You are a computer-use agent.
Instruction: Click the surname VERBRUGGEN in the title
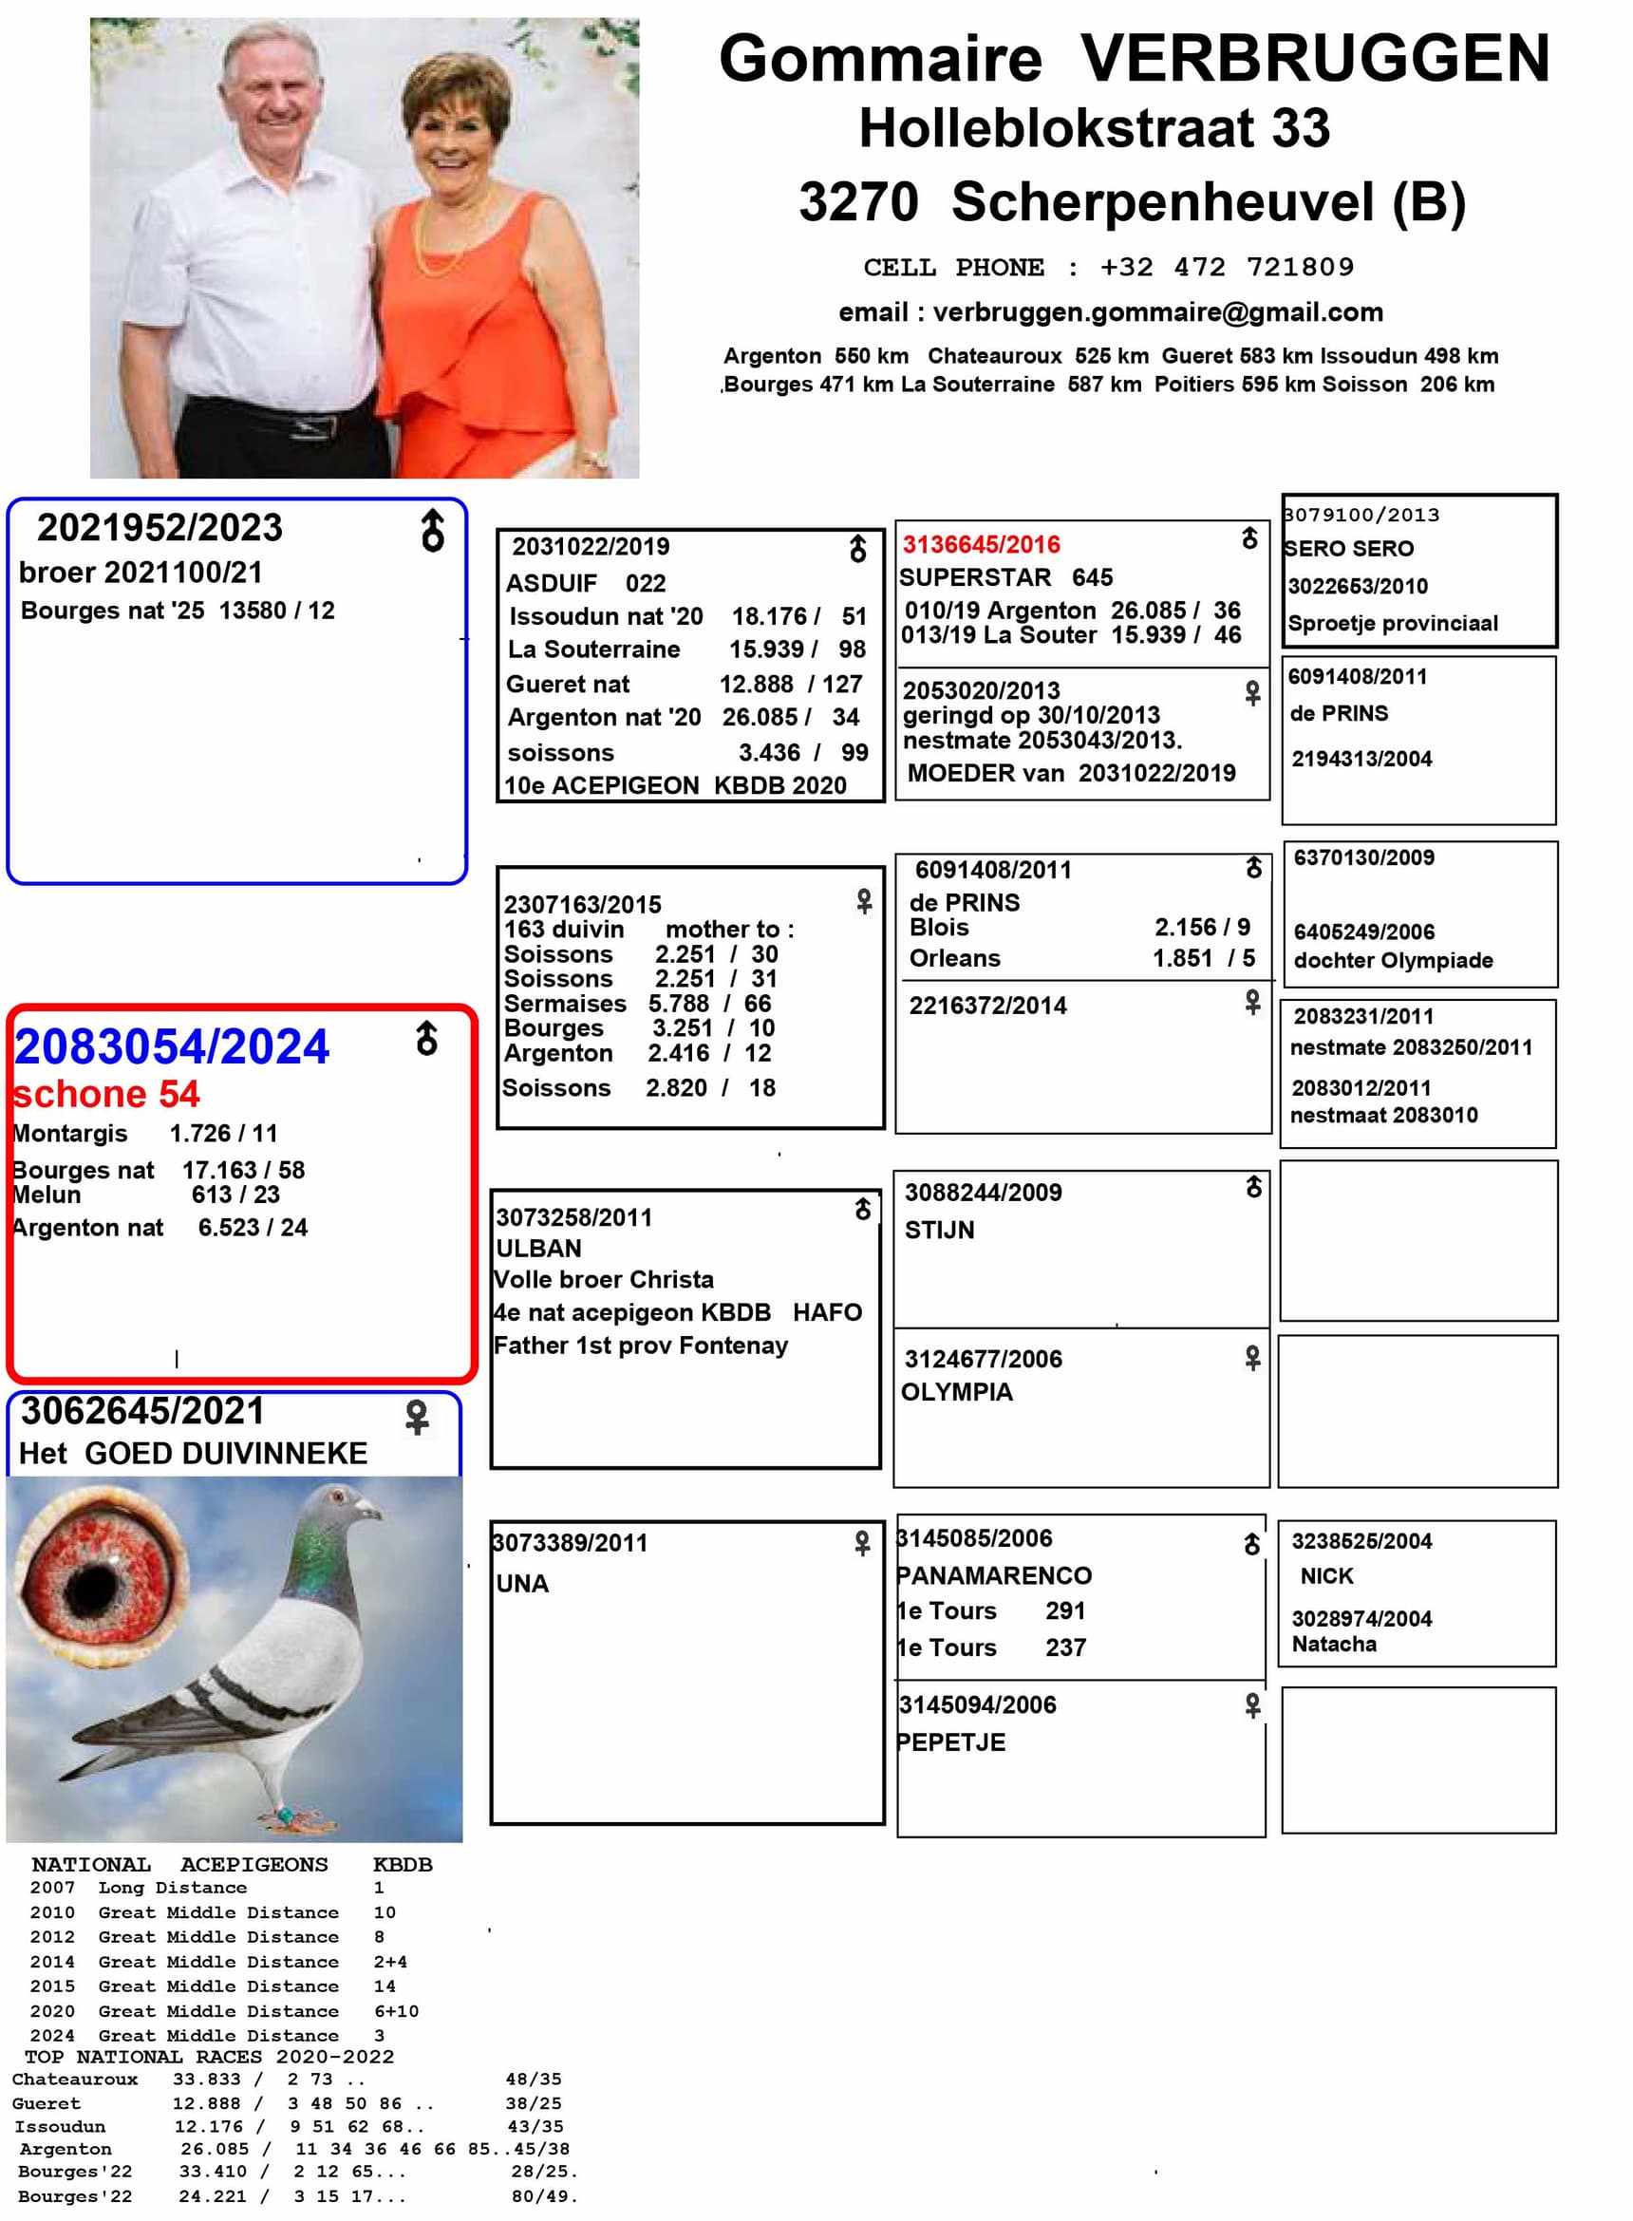pyautogui.click(x=1314, y=59)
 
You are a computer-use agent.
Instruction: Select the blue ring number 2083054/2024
pyautogui.click(x=171, y=1046)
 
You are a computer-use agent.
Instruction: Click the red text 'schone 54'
pyautogui.click(x=106, y=1094)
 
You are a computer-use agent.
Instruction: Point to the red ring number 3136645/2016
pyautogui.click(x=981, y=545)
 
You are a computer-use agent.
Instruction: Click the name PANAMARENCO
pyautogui.click(x=993, y=1575)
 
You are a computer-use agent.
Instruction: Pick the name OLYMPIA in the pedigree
pyautogui.click(x=956, y=1392)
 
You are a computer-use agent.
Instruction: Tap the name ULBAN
pyautogui.click(x=538, y=1248)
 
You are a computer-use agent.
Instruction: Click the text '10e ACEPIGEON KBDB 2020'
pyautogui.click(x=675, y=785)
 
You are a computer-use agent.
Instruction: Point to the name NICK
pyautogui.click(x=1326, y=1575)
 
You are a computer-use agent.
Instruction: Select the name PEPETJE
pyautogui.click(x=951, y=1741)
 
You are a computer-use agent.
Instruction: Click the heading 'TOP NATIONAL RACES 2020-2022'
pyautogui.click(x=209, y=2057)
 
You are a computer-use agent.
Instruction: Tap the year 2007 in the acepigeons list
pyautogui.click(x=52, y=1888)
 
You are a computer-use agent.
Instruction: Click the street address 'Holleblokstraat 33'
pyautogui.click(x=1095, y=128)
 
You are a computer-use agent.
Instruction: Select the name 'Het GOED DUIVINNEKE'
pyautogui.click(x=194, y=1453)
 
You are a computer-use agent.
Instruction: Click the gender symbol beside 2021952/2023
pyautogui.click(x=433, y=531)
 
